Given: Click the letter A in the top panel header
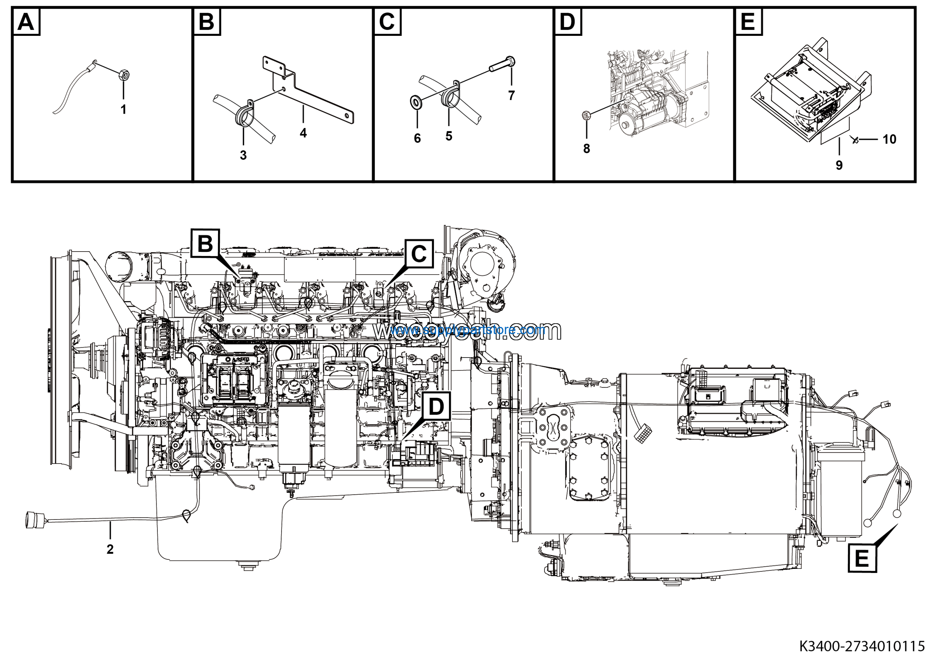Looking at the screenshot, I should (x=26, y=22).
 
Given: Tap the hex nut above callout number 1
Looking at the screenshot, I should (x=123, y=76).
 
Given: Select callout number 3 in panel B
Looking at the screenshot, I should (x=243, y=155).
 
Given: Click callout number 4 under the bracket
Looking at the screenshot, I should (x=303, y=133).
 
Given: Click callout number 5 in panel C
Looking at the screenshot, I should (x=449, y=136).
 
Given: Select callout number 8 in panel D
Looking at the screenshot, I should (x=587, y=149).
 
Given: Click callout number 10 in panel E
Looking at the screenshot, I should (x=889, y=139).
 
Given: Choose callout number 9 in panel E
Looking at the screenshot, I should (x=839, y=165).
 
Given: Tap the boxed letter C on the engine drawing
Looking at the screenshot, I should (x=419, y=254).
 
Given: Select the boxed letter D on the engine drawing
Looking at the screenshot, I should (x=436, y=406).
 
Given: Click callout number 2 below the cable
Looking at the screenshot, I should (x=110, y=549).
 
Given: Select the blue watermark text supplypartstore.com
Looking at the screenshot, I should (x=468, y=329).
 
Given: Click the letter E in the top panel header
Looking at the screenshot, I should (x=748, y=22).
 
